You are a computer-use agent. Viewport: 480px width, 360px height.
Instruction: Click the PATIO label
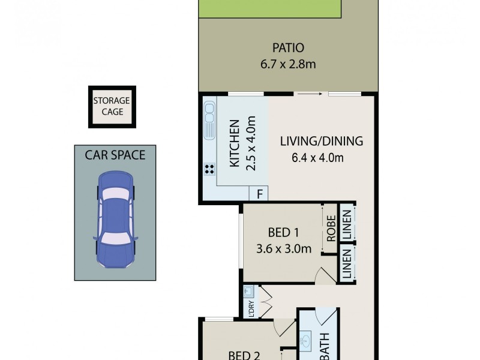[289, 47]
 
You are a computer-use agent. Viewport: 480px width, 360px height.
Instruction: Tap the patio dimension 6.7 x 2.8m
[289, 63]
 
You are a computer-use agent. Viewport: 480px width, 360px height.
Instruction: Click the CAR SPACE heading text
[115, 155]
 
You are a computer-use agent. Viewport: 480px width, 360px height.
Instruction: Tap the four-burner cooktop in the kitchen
[209, 169]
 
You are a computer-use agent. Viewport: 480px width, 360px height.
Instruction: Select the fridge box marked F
[259, 194]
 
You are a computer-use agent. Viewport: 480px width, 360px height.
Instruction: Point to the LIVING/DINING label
[322, 142]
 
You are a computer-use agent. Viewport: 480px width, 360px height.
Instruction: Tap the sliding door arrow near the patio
[310, 94]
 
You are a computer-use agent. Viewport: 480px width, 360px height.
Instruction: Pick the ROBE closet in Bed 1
[330, 225]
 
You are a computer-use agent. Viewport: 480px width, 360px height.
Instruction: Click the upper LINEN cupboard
[347, 223]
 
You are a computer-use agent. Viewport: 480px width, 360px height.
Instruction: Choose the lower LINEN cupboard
[347, 263]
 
